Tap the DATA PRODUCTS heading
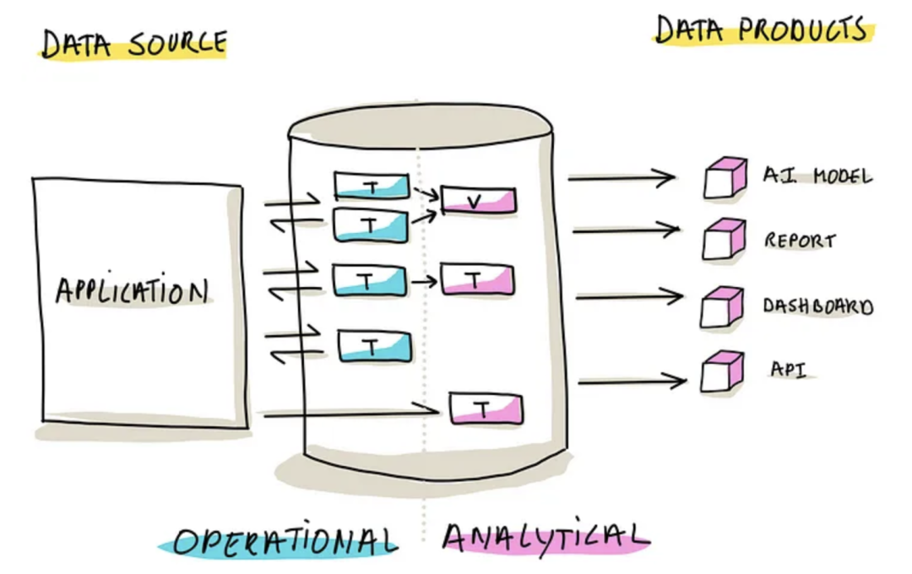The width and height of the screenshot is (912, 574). coord(763,31)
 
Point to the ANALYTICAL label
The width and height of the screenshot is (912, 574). coord(546,535)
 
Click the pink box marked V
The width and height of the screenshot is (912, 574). coord(478,200)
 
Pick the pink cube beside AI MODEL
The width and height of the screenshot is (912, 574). coord(725,178)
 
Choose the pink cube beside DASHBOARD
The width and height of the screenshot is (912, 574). coord(722,307)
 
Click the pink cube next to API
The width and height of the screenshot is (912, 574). coord(722,371)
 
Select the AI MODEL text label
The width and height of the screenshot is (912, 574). coord(817,176)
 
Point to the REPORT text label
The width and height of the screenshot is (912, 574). coord(800,240)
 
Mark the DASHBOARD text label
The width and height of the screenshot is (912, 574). coord(817,306)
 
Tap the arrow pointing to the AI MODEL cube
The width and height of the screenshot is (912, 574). coord(622,177)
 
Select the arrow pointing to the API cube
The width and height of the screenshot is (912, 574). coord(632,382)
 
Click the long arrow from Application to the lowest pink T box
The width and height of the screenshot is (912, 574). coord(350,413)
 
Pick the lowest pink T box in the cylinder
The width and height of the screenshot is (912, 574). coord(486,409)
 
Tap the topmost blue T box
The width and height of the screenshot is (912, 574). coord(372,186)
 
